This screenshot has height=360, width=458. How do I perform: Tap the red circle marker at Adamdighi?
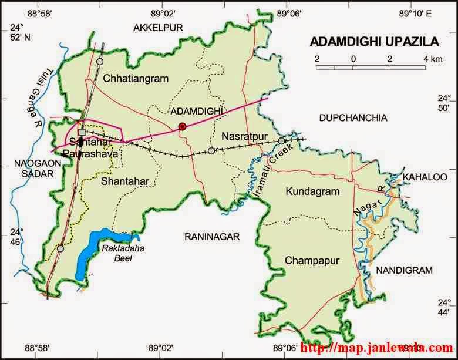182,126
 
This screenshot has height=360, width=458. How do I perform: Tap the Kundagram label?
312,191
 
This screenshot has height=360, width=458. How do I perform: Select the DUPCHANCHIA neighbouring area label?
353,118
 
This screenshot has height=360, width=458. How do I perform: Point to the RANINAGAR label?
212,236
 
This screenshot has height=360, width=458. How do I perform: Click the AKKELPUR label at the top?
159,27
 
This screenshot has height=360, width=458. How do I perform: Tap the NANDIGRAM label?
404,270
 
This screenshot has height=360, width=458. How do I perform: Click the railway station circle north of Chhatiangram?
100,61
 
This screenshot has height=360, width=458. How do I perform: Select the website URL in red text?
376,348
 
